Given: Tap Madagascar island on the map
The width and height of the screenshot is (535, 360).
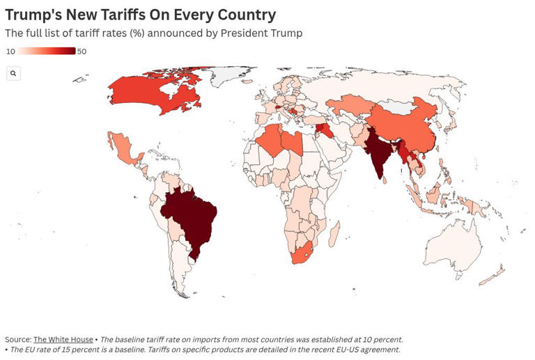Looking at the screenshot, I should tap(334, 233).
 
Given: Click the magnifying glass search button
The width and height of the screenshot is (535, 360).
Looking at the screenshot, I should tap(13, 73).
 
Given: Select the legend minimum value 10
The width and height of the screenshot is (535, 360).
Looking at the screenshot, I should tap(10, 52).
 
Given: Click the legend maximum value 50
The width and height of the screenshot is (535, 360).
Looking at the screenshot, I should tap(82, 52).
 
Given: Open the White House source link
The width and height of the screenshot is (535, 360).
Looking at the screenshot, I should tap(63, 340).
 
